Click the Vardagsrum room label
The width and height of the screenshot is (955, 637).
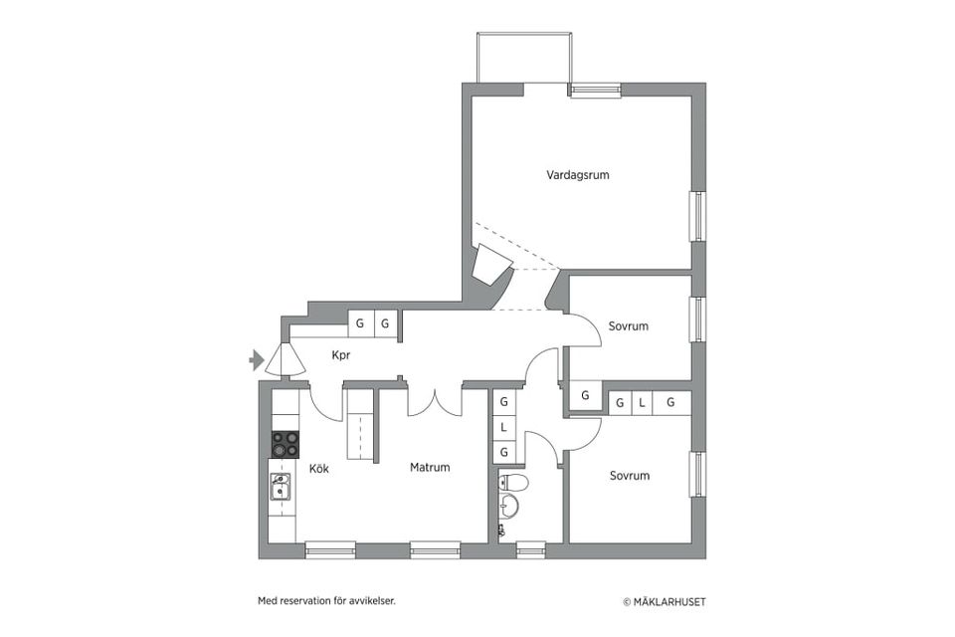577,175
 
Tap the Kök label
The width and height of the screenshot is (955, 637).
318,469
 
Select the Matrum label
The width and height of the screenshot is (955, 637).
430,467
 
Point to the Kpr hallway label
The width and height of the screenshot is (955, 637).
340,354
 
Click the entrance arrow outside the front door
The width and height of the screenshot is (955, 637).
256,359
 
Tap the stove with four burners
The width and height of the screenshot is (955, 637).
285,444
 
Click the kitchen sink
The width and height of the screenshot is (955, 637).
282,487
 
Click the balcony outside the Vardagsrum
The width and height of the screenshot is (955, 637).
524,58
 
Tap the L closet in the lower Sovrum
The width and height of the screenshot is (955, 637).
644,403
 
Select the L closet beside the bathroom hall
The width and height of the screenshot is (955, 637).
504,427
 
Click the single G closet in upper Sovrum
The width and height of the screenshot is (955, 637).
585,396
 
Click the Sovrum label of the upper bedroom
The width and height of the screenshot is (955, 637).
629,326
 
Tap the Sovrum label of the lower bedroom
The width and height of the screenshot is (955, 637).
629,476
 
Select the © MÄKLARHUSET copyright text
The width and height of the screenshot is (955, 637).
665,601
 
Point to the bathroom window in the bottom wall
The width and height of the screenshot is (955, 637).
531,548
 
